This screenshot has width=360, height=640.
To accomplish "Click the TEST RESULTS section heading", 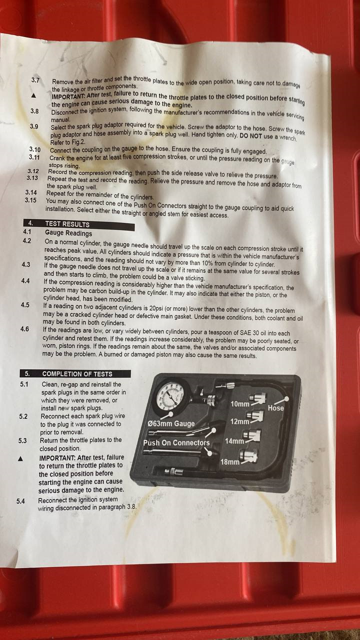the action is pyautogui.click(x=67, y=224).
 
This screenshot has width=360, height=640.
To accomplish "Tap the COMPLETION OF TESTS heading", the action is pyautogui.click(x=77, y=373).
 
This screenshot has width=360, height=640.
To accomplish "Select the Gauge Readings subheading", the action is pyautogui.click(x=68, y=233).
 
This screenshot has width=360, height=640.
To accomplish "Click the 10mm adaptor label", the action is pyautogui.click(x=240, y=404).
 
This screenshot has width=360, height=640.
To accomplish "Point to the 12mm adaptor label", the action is pyautogui.click(x=239, y=421).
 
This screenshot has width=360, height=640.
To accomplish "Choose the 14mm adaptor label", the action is pyautogui.click(x=234, y=441).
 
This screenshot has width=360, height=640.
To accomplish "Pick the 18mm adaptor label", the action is pyautogui.click(x=230, y=461).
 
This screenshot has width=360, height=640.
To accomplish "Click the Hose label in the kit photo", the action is pyautogui.click(x=275, y=408).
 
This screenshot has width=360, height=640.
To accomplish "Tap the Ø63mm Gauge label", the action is pyautogui.click(x=171, y=423).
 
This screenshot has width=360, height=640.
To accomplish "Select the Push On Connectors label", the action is pyautogui.click(x=176, y=442).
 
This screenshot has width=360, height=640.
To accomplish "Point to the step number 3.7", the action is pyautogui.click(x=35, y=80).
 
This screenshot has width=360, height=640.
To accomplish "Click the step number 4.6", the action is pyautogui.click(x=24, y=329).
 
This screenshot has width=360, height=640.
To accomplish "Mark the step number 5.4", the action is pyautogui.click(x=20, y=501).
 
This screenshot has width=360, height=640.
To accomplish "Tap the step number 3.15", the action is pyautogui.click(x=30, y=200).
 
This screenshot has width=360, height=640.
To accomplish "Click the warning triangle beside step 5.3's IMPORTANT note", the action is pyautogui.click(x=20, y=459).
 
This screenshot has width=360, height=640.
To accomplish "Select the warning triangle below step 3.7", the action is pyautogui.click(x=33, y=95).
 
